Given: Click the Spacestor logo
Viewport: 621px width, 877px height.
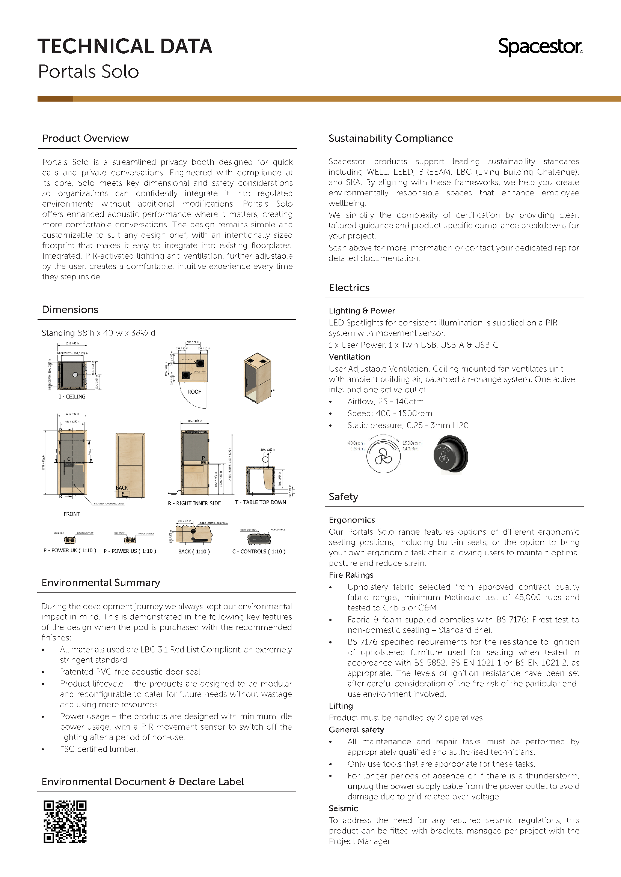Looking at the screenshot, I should click(x=540, y=47).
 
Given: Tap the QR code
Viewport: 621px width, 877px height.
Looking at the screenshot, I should click(x=65, y=821).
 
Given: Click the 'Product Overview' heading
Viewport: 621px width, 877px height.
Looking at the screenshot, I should click(x=85, y=138).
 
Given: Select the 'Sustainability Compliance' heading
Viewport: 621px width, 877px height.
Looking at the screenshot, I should click(x=390, y=138).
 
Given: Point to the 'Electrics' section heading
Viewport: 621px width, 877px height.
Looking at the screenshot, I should click(x=349, y=288).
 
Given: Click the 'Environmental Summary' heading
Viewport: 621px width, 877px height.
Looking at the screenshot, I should click(x=101, y=583).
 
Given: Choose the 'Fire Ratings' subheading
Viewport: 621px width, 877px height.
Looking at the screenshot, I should click(x=351, y=575).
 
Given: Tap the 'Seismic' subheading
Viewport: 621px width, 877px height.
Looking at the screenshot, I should click(x=343, y=808).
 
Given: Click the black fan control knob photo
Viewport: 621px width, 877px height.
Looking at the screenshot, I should click(x=451, y=454).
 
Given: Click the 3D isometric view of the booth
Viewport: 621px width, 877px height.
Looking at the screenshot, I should click(x=257, y=378).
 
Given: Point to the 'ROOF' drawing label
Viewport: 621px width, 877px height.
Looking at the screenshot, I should click(x=194, y=392).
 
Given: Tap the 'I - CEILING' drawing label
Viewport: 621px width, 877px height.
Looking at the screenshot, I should click(x=72, y=397).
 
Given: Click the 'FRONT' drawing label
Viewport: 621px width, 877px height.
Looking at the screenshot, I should click(x=72, y=514).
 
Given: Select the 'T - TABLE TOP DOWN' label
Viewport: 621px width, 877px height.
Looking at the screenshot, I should click(x=261, y=502).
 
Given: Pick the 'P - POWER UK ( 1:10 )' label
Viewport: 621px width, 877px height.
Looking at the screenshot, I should click(x=69, y=550).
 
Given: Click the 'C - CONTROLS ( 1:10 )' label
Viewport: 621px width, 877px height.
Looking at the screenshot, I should click(x=259, y=552).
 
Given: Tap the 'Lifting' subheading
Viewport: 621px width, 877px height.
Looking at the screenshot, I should click(x=341, y=706).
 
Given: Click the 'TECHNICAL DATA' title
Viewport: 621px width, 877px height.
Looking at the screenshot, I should click(x=125, y=46).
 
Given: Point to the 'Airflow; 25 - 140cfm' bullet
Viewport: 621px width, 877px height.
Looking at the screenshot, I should click(x=385, y=402).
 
